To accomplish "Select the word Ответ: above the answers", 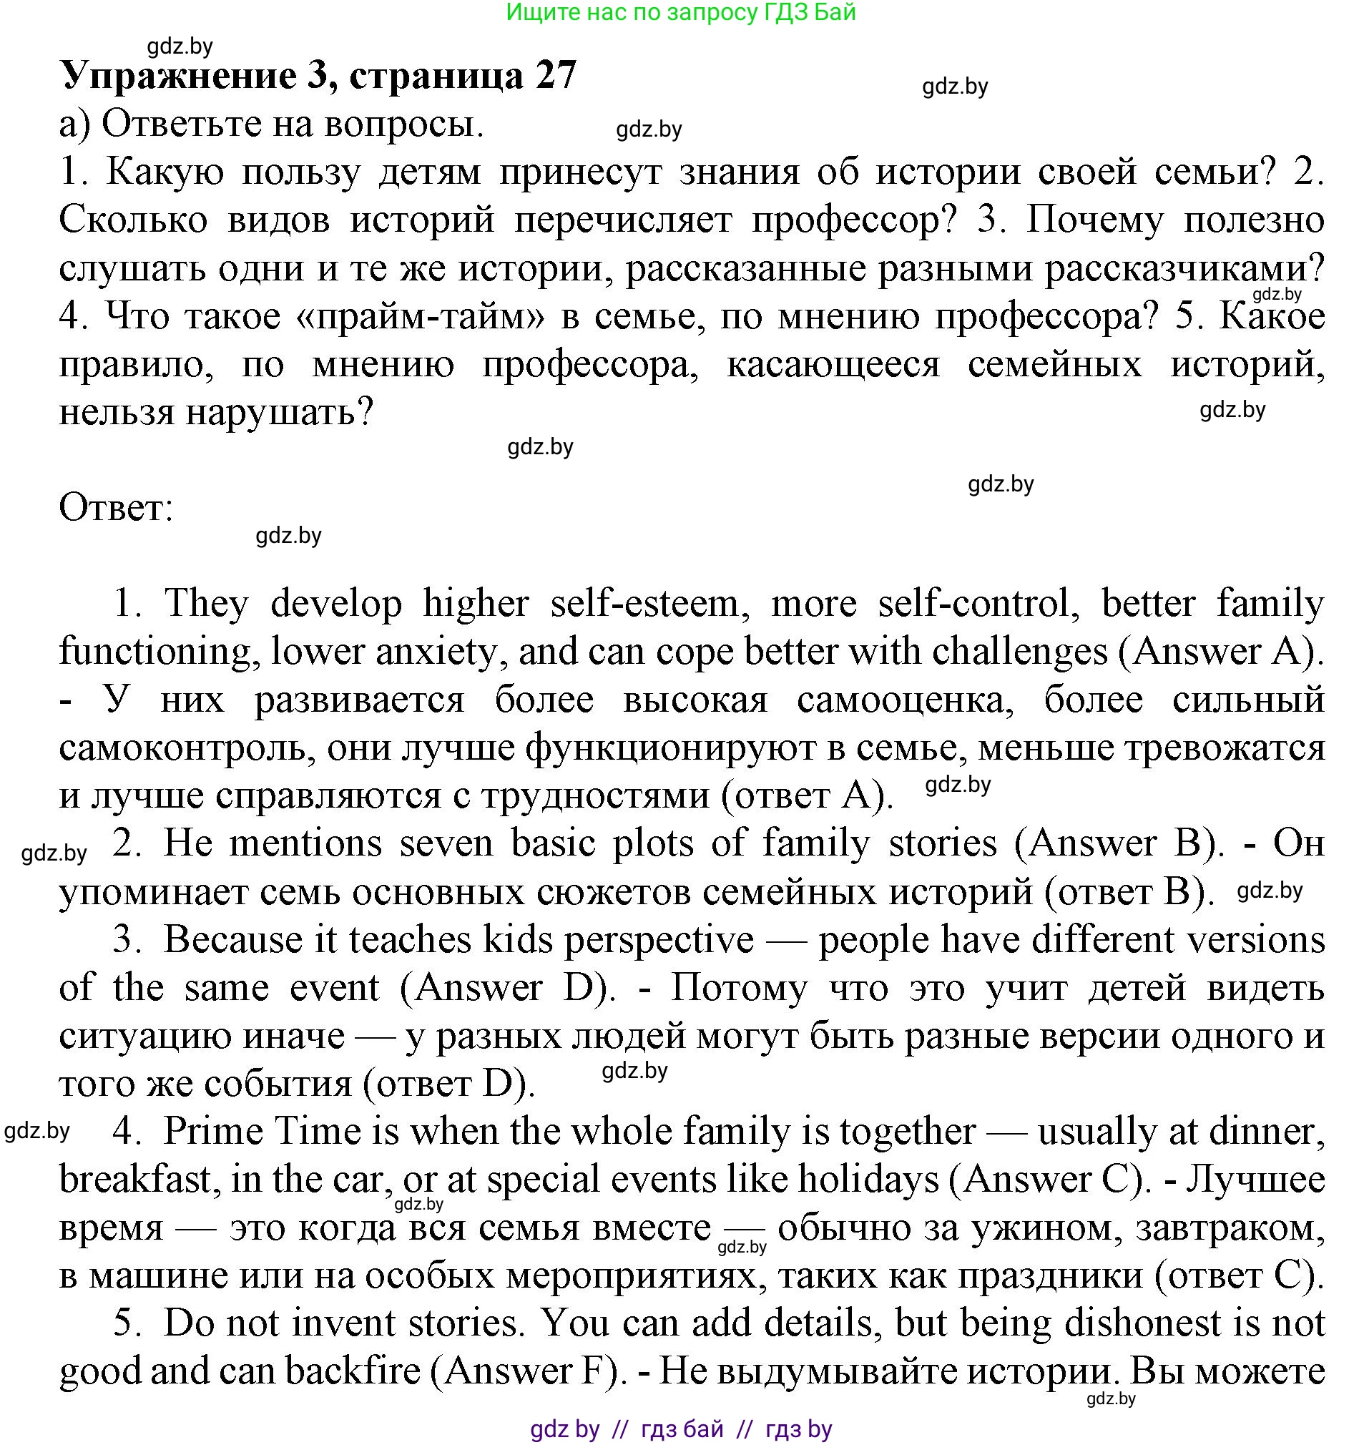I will (x=116, y=508).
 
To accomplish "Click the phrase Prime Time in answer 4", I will (x=262, y=1132).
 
